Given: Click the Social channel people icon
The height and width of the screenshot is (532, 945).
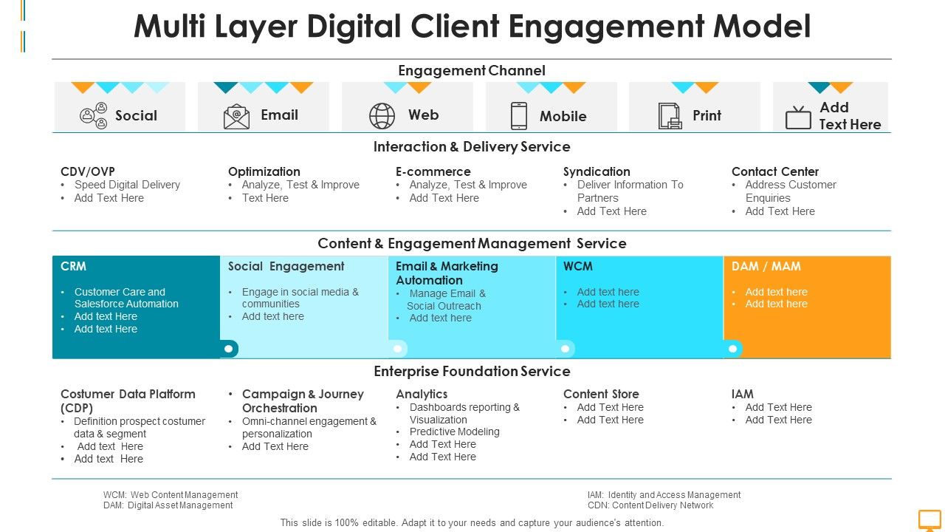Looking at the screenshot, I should [94, 116].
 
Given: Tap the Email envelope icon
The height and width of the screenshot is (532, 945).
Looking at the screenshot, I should [236, 116].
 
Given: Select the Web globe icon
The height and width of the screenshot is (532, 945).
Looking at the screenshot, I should [382, 116].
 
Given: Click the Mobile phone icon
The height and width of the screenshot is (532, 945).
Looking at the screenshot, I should [519, 116].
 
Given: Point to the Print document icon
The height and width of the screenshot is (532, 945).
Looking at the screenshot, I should [670, 116].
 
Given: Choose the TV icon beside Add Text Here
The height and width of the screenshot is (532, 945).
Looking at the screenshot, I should [798, 117].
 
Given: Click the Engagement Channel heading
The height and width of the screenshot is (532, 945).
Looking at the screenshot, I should [472, 71].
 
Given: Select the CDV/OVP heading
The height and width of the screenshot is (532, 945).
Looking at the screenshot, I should [88, 171].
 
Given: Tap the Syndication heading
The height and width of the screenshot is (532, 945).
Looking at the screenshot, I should [597, 171].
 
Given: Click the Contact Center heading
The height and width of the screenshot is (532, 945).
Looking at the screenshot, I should [775, 171].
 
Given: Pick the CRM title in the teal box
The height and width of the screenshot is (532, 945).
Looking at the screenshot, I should [74, 266].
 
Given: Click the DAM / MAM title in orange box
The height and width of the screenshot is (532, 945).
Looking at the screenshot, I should [766, 266].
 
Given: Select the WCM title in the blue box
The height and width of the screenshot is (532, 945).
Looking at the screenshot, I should [578, 266].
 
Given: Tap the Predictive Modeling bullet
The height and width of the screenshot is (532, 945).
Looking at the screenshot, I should [454, 432].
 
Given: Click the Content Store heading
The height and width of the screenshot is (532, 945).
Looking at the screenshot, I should [601, 394].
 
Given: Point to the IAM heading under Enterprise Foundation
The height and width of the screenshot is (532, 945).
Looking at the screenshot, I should [743, 394].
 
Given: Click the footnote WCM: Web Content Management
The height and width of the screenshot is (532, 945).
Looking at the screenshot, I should [171, 495].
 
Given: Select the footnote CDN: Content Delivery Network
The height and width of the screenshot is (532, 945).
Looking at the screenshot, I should [650, 505].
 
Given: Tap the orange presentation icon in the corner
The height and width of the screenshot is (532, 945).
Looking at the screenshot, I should [929, 519].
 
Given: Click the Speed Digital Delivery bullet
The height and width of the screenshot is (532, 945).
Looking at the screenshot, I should [127, 185].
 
